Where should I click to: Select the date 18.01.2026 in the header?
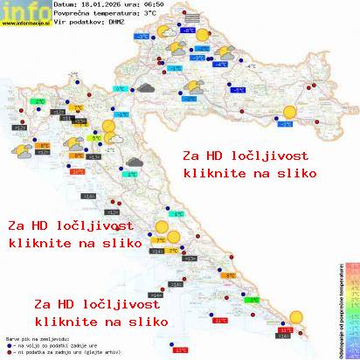100,5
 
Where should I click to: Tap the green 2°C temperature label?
38,102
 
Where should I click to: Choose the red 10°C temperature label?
78,172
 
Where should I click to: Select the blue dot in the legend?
8,345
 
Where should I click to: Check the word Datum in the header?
65,5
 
